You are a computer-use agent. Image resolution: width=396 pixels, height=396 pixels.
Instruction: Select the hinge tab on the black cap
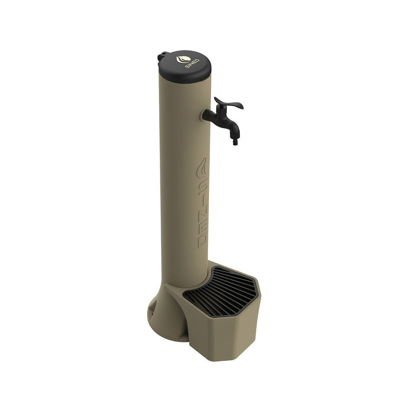[161, 56]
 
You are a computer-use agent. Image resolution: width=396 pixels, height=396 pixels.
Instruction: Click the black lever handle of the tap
[229, 104]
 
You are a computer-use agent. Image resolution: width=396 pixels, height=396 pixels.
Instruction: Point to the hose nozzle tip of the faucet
[235, 143]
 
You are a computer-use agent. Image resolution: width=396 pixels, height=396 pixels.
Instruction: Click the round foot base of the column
[163, 323]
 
